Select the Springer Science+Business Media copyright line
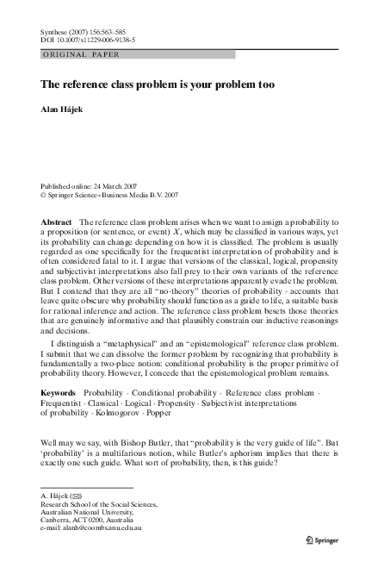(108, 196)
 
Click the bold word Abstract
(56, 222)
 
